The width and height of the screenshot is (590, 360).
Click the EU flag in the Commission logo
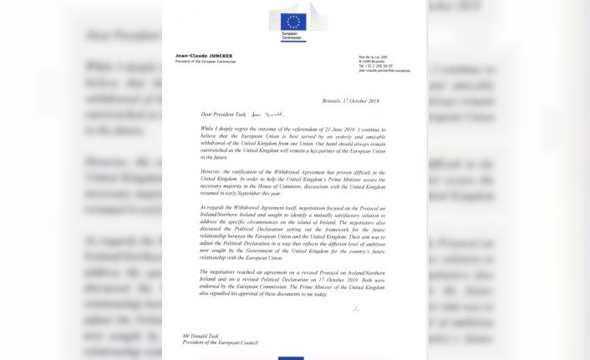pos(294,21)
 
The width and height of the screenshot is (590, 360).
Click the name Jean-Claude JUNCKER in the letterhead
pos(205,56)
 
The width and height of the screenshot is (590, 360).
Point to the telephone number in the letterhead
pos(375,66)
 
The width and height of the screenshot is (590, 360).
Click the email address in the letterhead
pos(384,71)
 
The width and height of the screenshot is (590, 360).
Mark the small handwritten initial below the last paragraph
pos(355,309)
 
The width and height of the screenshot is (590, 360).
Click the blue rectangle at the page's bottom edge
pos(292,357)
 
